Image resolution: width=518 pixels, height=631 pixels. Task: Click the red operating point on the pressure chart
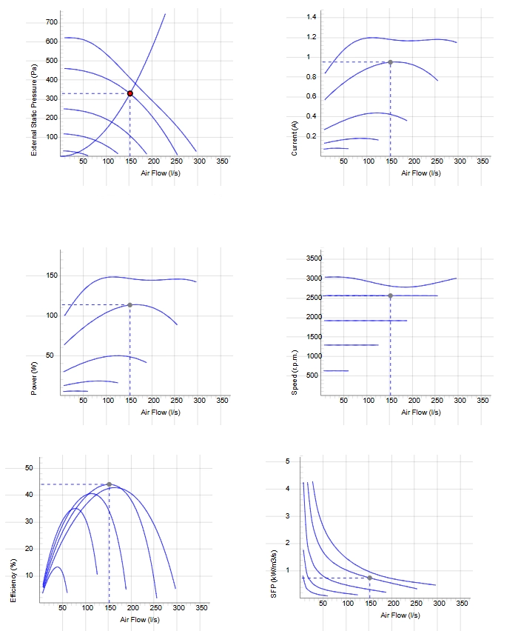[130, 93]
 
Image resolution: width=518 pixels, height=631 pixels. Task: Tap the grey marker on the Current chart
[390, 62]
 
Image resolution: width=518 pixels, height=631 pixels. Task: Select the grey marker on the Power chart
[130, 305]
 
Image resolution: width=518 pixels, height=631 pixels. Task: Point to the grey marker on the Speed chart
[390, 296]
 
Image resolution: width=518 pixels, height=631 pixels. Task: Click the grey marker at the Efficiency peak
[109, 484]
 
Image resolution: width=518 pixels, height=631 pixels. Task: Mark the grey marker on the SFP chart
[369, 578]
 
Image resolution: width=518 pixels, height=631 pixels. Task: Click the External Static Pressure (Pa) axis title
[34, 110]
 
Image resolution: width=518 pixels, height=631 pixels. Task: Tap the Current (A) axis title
[295, 138]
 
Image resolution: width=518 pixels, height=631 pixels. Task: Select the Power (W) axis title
[34, 378]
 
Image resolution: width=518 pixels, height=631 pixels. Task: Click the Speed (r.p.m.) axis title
[295, 373]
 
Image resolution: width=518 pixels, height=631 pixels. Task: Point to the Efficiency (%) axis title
[13, 581]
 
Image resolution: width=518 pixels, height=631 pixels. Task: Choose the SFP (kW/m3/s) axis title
[274, 573]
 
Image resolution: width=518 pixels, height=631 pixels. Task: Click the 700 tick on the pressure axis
[52, 22]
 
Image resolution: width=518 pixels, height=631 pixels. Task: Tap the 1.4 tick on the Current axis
[312, 16]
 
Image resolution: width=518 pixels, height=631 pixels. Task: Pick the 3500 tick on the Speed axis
[314, 258]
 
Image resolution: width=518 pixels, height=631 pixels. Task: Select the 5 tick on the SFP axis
[288, 461]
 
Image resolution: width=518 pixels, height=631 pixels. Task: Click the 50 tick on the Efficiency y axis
[29, 467]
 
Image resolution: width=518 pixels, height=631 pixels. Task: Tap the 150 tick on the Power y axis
[52, 276]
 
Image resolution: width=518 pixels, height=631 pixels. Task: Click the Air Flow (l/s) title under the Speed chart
[421, 412]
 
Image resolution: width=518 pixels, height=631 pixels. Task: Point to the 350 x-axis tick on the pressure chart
[222, 161]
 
